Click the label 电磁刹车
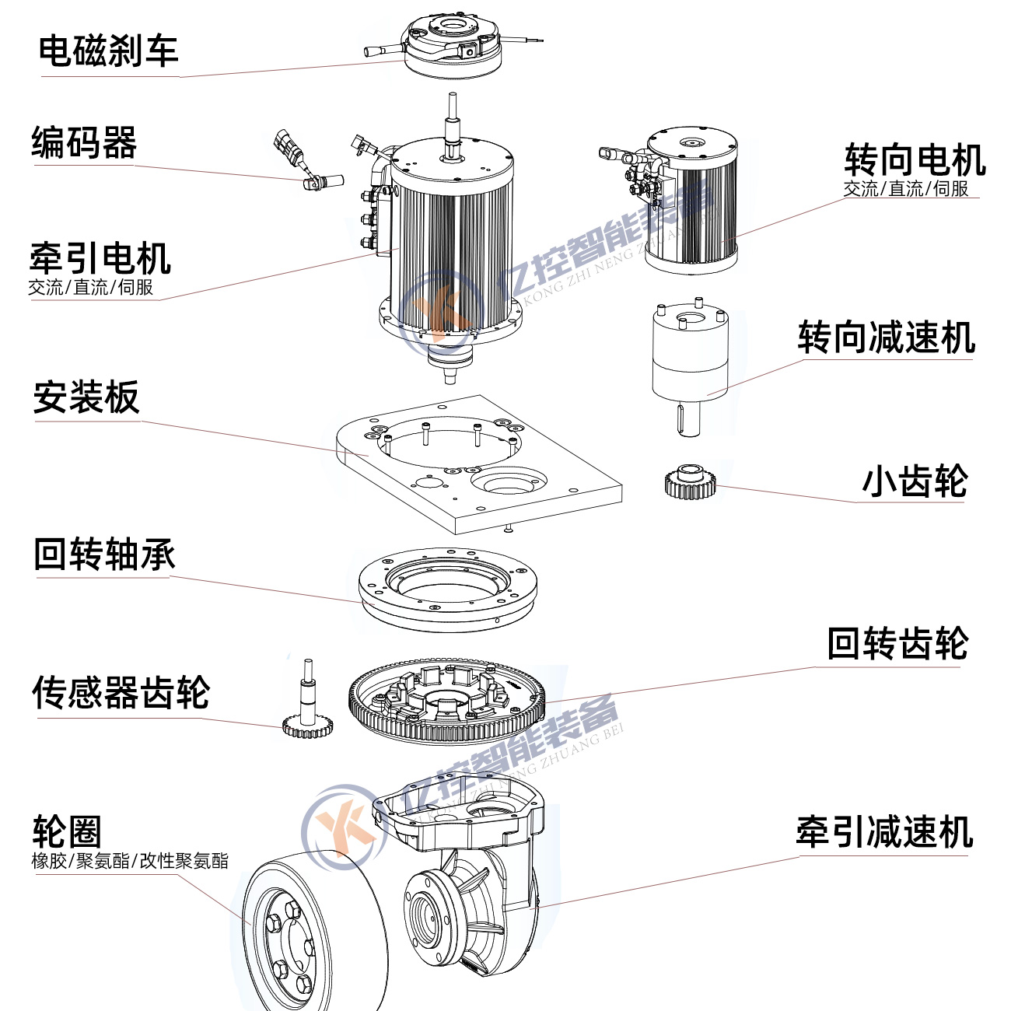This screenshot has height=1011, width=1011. [x=108, y=51]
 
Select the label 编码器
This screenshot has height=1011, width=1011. [x=84, y=143]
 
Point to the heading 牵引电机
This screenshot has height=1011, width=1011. [x=100, y=258]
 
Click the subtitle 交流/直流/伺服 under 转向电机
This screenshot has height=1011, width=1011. [x=906, y=189]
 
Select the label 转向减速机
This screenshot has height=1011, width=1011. [x=886, y=338]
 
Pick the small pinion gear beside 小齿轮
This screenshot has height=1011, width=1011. [x=690, y=481]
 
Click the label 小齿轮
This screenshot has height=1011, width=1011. [x=915, y=481]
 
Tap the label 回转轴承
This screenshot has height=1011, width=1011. [x=104, y=554]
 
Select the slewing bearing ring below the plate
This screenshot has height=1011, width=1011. [x=448, y=588]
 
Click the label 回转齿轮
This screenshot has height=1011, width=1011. [x=897, y=644]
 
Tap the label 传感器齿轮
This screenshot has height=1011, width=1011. [x=121, y=692]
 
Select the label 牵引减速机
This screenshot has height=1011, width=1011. [x=884, y=832]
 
